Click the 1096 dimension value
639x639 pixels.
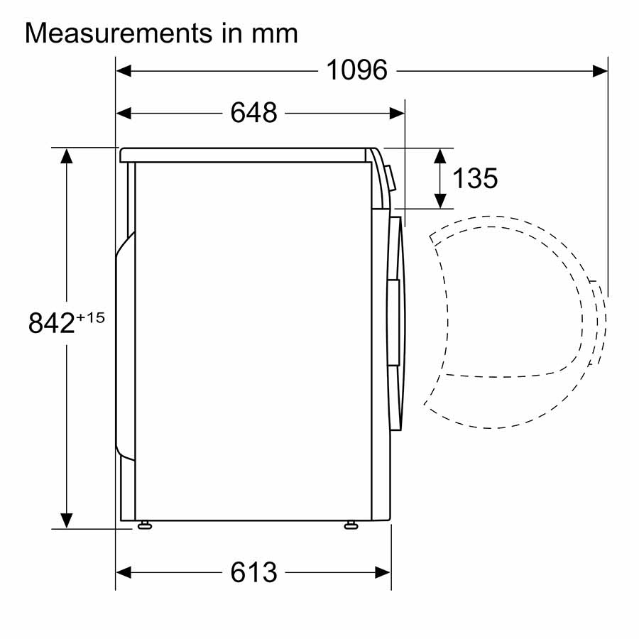[356, 70]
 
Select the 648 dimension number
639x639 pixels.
[254, 112]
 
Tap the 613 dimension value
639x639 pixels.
[254, 572]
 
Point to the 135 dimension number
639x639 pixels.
[475, 178]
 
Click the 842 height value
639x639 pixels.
[51, 323]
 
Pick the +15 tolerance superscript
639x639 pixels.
[90, 317]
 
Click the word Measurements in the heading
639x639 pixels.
[119, 33]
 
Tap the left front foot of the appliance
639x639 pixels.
[145, 525]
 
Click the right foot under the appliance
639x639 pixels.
[351, 525]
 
